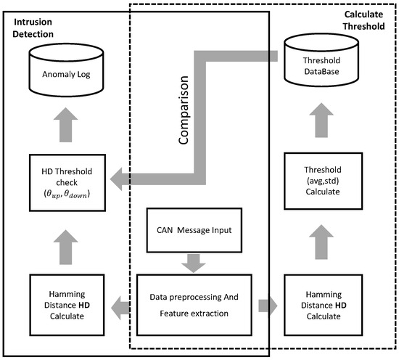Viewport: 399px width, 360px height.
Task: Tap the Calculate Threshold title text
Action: click(x=364, y=20)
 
